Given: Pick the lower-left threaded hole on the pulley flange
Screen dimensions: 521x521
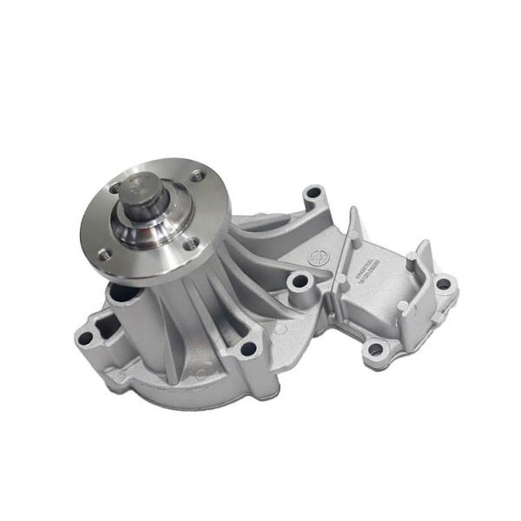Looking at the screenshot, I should point(105,254).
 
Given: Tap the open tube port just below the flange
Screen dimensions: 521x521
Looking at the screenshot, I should point(122,298).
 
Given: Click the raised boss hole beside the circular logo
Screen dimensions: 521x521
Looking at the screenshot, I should point(300,280).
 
